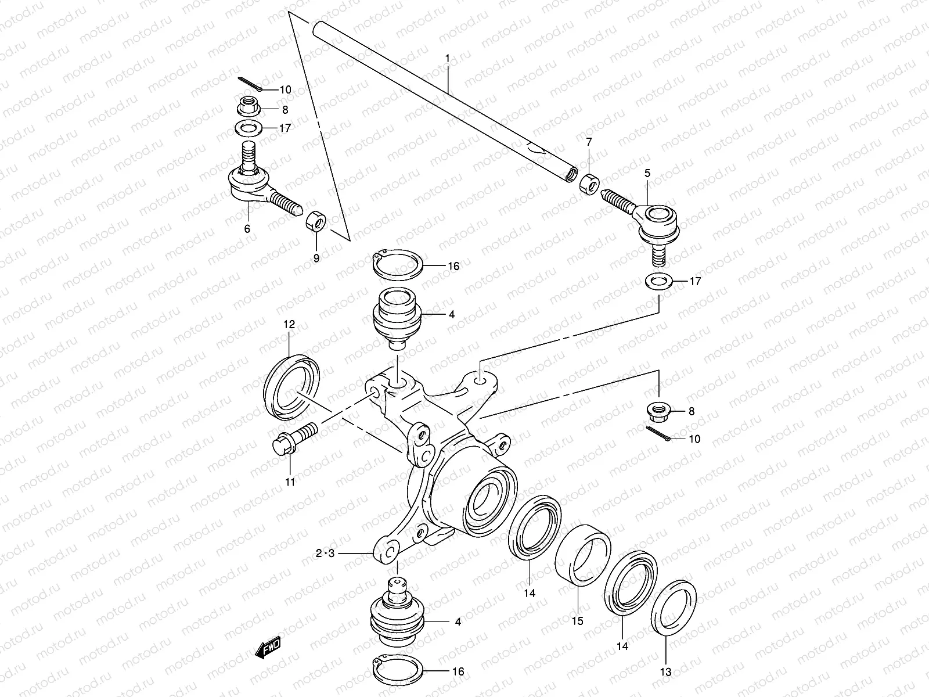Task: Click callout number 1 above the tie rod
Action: [447, 59]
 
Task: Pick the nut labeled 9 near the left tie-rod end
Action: [316, 222]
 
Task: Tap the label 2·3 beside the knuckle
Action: [325, 554]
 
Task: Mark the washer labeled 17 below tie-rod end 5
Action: [658, 281]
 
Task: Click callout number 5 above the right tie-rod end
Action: [647, 173]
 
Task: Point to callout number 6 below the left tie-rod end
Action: [247, 229]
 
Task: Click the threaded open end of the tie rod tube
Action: [571, 173]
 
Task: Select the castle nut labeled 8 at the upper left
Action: [250, 107]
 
